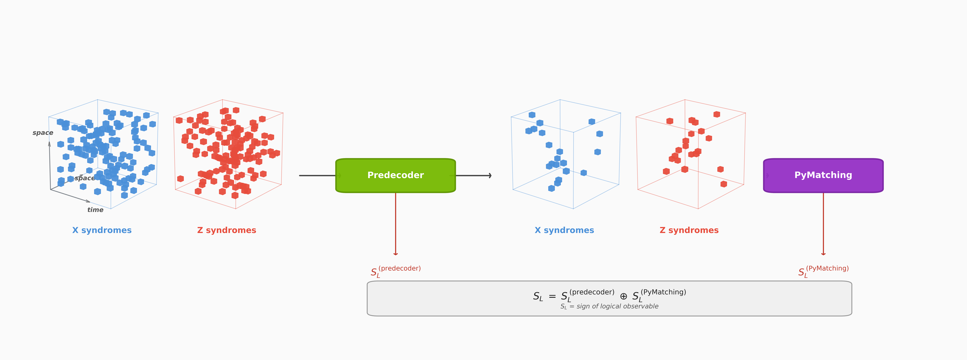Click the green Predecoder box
click(395, 175)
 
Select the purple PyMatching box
click(823, 175)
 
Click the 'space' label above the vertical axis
click(43, 133)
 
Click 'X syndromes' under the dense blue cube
click(102, 230)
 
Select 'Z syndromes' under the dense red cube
click(226, 230)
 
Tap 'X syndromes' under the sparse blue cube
click(564, 230)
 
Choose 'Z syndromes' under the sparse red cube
click(689, 230)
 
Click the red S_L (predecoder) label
click(395, 271)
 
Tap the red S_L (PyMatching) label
click(823, 271)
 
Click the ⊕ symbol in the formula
click(623, 296)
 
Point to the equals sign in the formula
click(552, 296)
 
